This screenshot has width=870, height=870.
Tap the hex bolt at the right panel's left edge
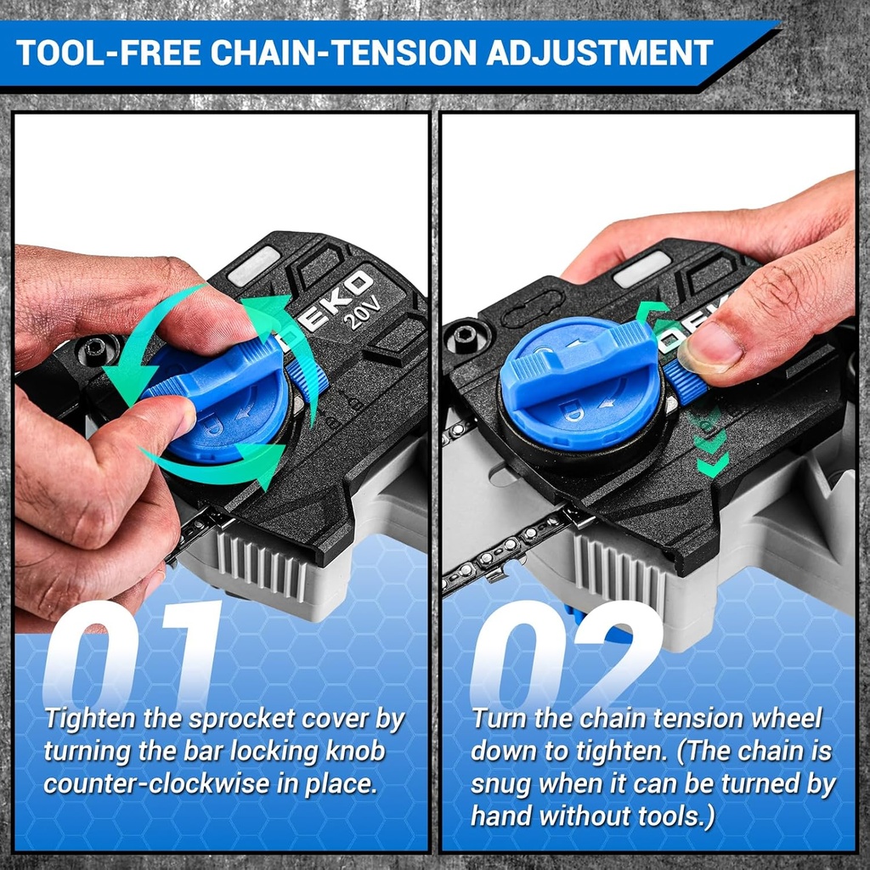coord(466,336)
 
